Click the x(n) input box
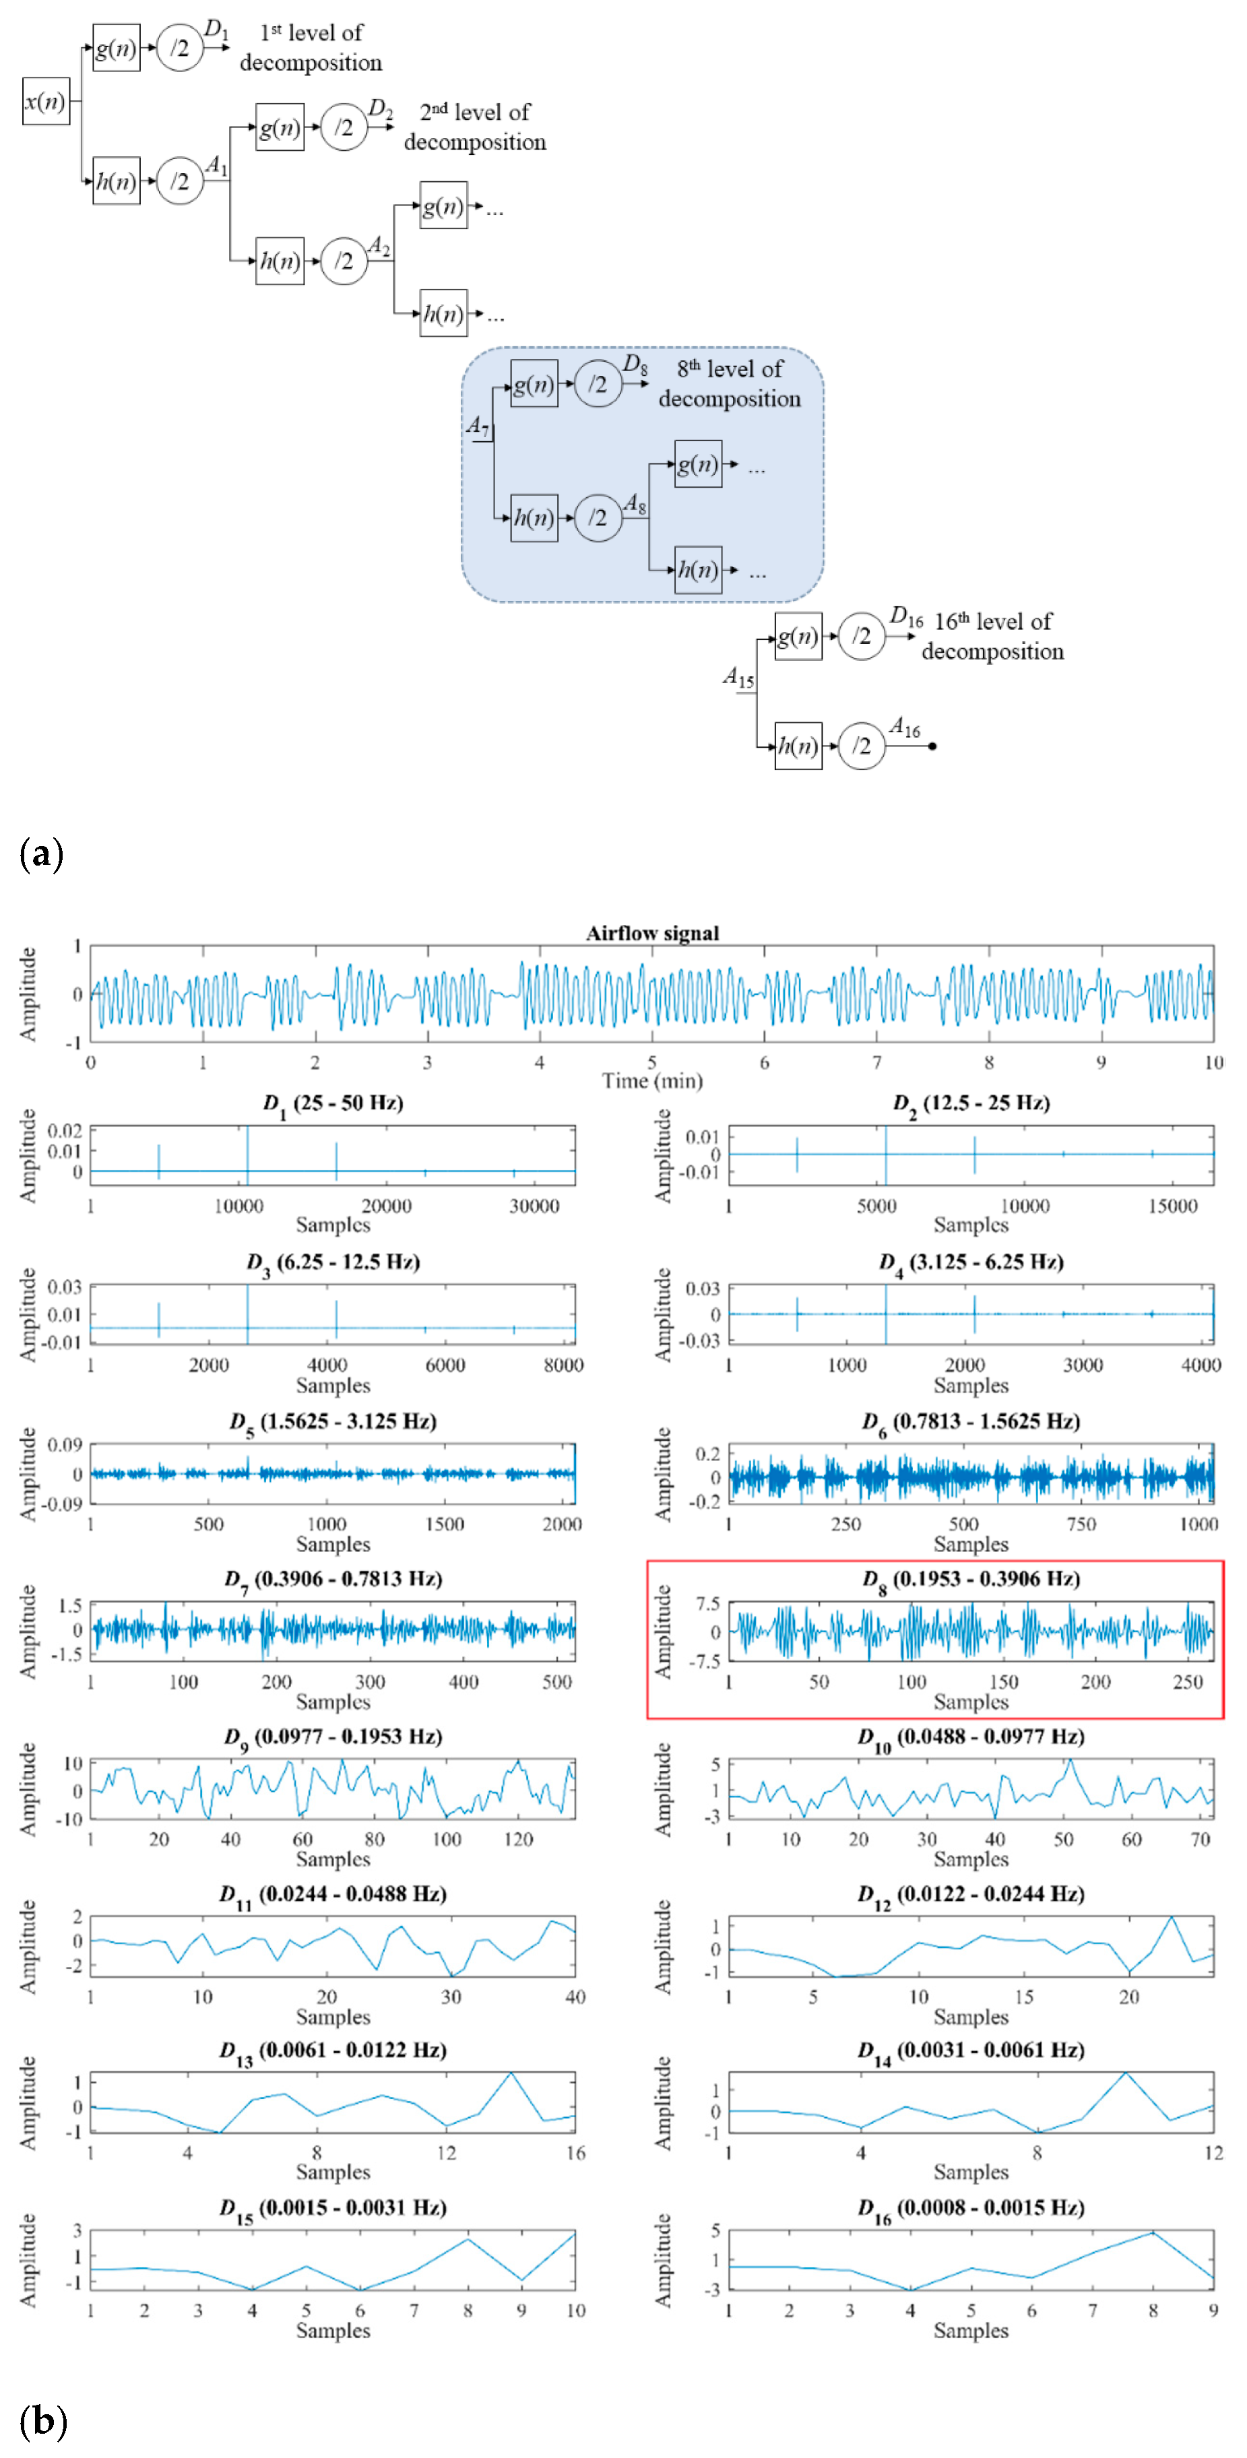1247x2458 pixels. click(x=46, y=101)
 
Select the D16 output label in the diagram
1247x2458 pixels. click(x=905, y=616)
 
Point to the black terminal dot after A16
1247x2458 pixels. click(x=932, y=746)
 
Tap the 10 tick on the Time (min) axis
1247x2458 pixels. click(x=1213, y=1062)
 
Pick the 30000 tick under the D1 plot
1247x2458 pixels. click(x=534, y=1206)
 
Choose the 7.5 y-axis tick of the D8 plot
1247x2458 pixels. click(x=708, y=1604)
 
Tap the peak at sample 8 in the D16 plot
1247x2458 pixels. click(x=1153, y=2232)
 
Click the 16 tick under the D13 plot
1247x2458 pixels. click(x=575, y=2153)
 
